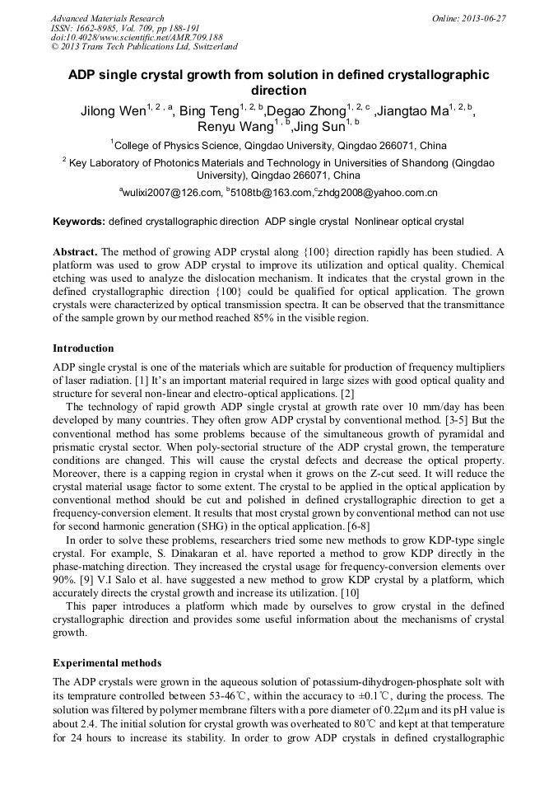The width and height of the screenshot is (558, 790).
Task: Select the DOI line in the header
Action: tap(137, 38)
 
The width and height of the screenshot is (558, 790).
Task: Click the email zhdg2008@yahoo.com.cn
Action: tap(378, 193)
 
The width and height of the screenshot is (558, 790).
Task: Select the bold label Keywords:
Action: tap(79, 222)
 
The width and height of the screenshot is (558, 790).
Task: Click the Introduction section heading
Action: tap(83, 348)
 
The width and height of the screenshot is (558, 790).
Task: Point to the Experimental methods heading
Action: tap(107, 663)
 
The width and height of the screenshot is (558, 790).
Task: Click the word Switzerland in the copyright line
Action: tap(214, 48)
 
